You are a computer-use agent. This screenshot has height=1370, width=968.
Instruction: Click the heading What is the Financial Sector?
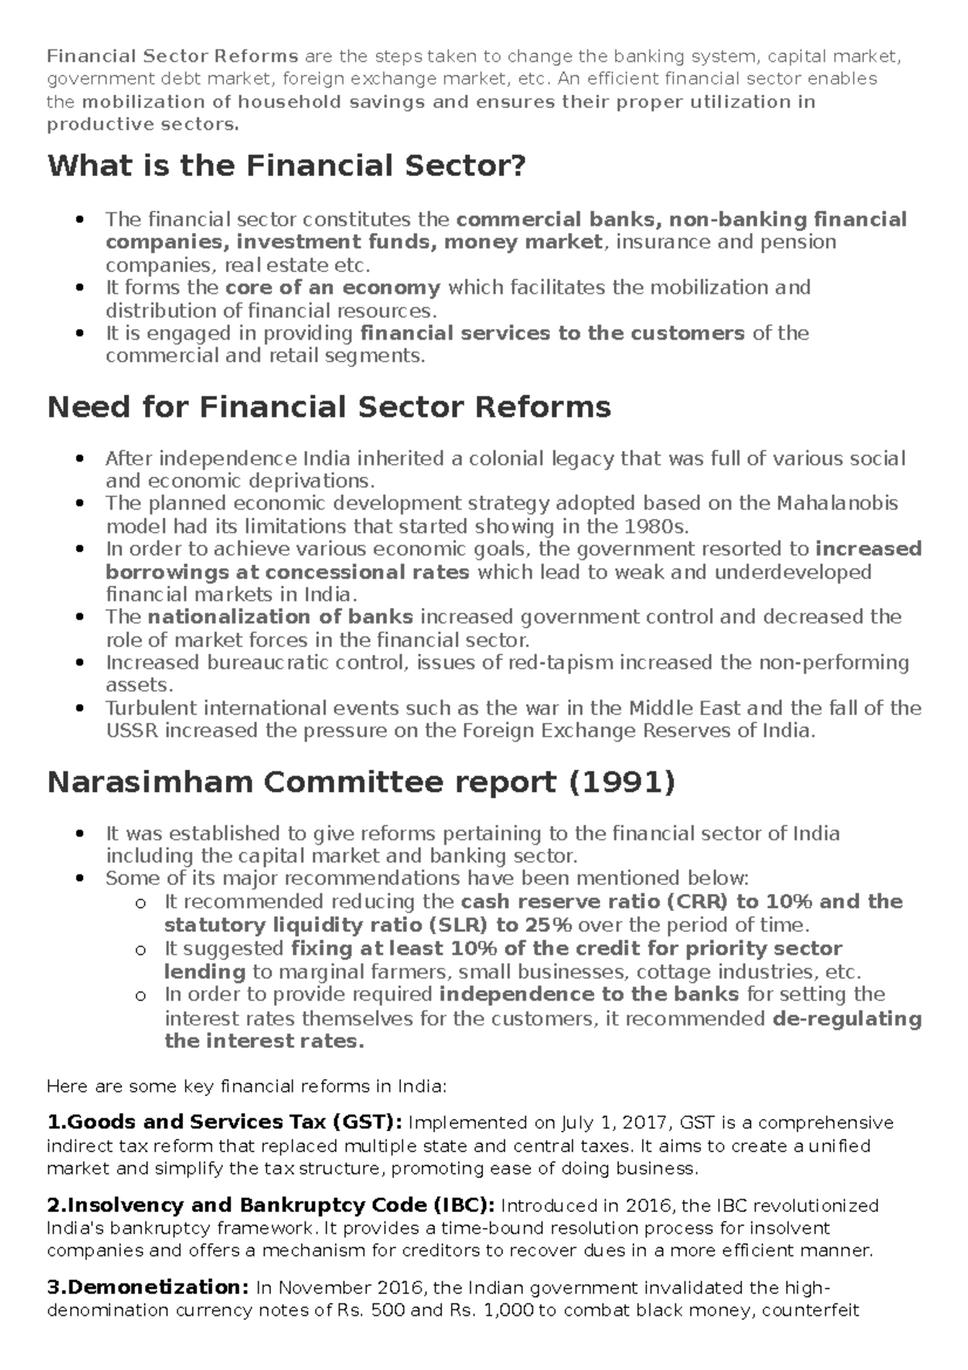[x=286, y=166]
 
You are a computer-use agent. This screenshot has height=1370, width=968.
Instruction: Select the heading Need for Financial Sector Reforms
[x=329, y=407]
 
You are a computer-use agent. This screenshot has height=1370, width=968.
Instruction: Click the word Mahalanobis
[x=837, y=503]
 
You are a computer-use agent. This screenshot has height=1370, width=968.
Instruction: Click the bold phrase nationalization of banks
[x=281, y=617]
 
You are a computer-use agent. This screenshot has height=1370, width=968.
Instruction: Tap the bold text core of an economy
[x=332, y=288]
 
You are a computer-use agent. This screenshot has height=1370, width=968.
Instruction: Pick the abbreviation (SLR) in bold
[x=457, y=925]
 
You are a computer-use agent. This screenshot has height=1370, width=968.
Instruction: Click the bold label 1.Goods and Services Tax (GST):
[x=224, y=1122]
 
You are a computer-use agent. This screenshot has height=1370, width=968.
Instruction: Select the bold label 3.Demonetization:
[x=148, y=1287]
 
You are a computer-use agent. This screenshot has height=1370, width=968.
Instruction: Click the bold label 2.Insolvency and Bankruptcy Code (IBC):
[x=271, y=1205]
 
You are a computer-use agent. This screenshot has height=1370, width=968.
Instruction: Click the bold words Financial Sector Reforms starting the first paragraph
[x=173, y=56]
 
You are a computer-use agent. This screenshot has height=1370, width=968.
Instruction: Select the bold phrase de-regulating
[x=846, y=1018]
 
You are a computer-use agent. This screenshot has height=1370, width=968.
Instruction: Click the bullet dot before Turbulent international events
[x=79, y=709]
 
